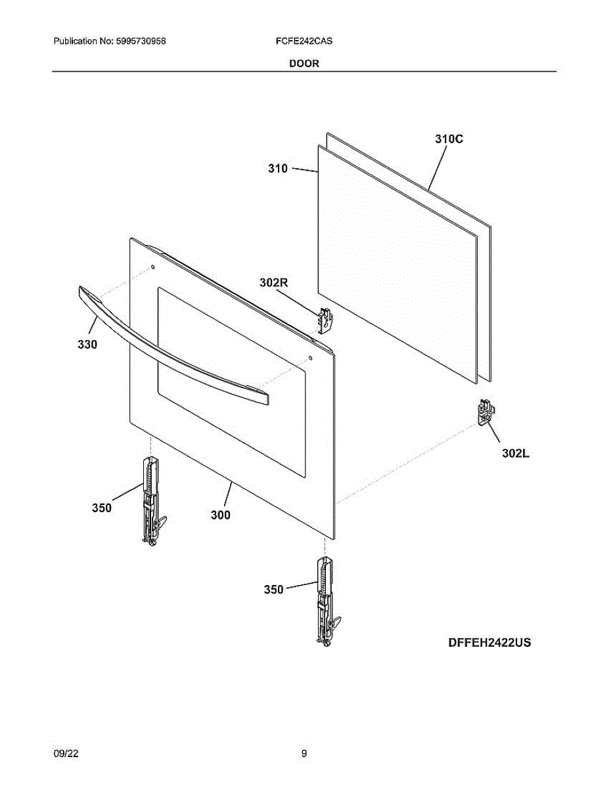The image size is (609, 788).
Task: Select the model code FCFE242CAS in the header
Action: (304, 41)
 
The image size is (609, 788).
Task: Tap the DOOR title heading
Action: (304, 64)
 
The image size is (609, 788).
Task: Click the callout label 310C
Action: (449, 139)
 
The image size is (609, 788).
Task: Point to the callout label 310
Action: (277, 169)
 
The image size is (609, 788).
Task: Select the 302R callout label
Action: (274, 283)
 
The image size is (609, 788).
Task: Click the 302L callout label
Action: (516, 452)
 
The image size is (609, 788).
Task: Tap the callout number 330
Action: (87, 344)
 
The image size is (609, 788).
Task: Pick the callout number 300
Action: (220, 515)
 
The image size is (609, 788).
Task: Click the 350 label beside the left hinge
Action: (101, 508)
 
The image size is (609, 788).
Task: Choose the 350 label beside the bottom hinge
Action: (273, 590)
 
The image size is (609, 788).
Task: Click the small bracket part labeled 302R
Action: (325, 320)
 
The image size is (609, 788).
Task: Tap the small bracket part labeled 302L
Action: (485, 412)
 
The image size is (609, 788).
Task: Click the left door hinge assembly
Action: (152, 499)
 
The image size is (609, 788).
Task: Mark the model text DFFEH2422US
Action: (489, 643)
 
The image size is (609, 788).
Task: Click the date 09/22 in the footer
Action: (66, 755)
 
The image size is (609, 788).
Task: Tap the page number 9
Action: (304, 755)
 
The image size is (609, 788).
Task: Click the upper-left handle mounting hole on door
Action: (152, 268)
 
